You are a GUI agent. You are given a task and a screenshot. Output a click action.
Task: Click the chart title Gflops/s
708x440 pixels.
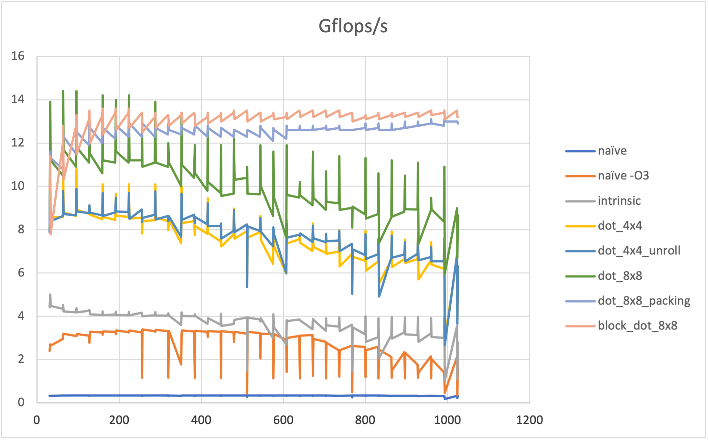tap(353, 26)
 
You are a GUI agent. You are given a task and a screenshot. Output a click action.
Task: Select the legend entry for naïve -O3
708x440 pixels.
tap(623, 176)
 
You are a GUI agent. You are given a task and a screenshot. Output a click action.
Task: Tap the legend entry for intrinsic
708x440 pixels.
tap(619, 201)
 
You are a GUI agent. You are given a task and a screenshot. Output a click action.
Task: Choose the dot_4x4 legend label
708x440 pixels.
tap(620, 226)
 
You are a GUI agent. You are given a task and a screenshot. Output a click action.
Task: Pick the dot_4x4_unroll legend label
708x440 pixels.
tap(639, 251)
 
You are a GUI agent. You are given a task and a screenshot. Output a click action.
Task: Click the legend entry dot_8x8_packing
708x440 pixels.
tap(644, 301)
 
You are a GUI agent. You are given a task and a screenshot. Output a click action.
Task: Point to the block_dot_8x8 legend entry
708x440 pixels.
tap(637, 326)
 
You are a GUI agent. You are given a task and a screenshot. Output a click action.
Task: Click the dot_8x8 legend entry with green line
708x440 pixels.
tap(620, 276)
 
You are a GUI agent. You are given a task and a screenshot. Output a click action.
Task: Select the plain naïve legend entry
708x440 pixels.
tap(612, 151)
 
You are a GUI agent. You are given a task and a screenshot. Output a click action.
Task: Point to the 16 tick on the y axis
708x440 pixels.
tap(18, 56)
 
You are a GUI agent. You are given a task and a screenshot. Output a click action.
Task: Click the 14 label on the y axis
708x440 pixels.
tap(18, 100)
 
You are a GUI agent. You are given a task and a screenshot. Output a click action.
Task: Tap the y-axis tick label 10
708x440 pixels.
tap(18, 186)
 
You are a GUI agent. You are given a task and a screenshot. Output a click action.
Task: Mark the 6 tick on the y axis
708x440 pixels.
tap(21, 273)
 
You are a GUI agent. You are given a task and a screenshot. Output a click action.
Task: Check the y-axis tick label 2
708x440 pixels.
tap(21, 359)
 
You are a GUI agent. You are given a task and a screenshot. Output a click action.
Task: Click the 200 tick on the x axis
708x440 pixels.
tap(119, 420)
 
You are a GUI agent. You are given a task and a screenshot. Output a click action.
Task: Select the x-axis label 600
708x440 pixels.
tap(283, 420)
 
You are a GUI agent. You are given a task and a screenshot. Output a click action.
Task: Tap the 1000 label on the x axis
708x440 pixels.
tap(447, 420)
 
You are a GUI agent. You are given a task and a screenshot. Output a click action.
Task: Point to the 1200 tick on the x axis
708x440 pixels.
tap(529, 420)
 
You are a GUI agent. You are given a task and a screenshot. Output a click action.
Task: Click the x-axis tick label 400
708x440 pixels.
tap(201, 420)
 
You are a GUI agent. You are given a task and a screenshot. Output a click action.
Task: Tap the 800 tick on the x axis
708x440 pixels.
tap(365, 420)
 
